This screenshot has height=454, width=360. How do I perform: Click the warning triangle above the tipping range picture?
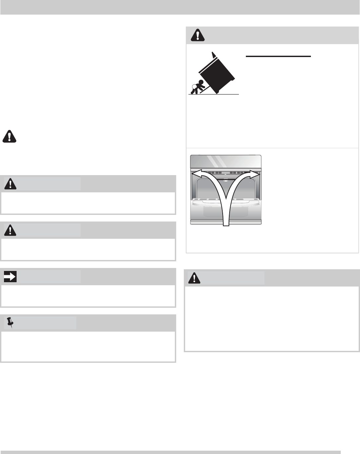[x=198, y=35]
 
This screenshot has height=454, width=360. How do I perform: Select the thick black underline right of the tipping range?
[x=278, y=56]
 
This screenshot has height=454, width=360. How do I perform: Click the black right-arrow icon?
[x=10, y=276]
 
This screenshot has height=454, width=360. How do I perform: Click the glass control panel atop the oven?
[x=226, y=162]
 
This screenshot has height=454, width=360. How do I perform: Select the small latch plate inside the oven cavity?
[x=226, y=181]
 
